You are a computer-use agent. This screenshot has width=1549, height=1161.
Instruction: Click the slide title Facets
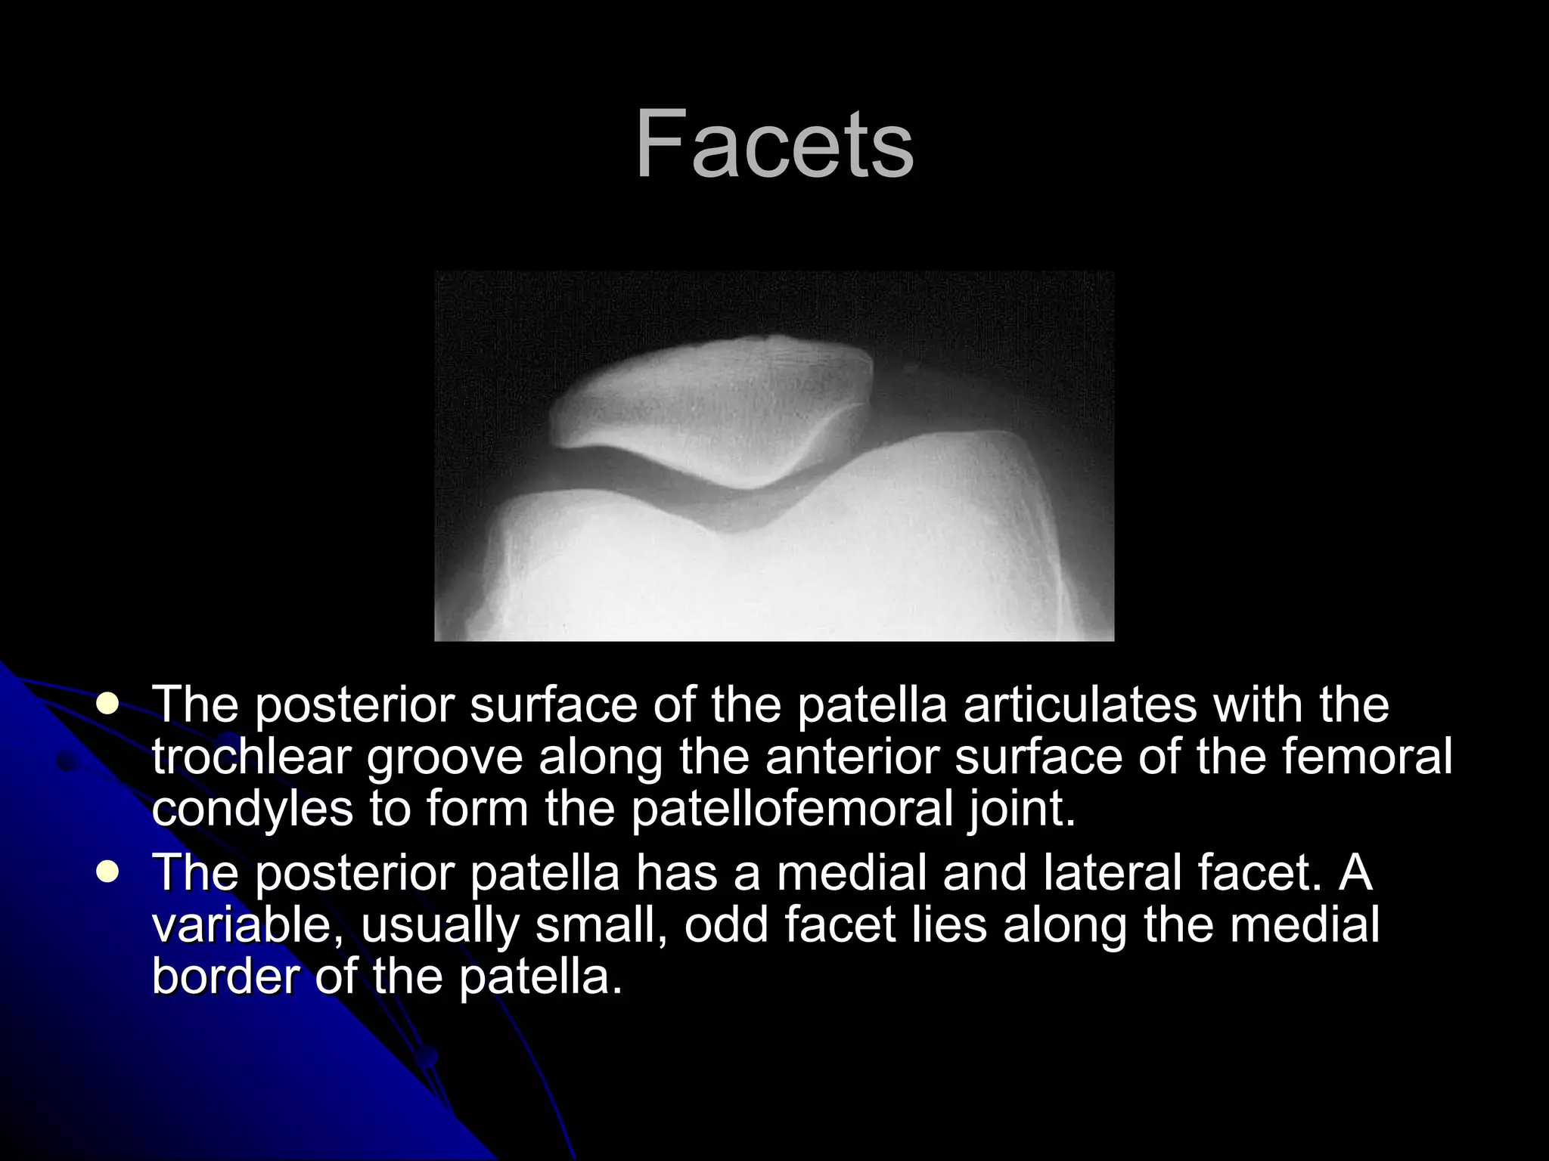pyautogui.click(x=774, y=144)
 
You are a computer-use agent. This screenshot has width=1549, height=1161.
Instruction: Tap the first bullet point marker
pyautogui.click(x=108, y=704)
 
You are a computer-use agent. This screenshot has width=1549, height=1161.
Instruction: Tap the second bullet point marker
pyautogui.click(x=108, y=873)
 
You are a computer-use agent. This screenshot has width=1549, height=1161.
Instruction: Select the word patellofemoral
pyautogui.click(x=792, y=808)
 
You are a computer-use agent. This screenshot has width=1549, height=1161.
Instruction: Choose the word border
pyautogui.click(x=226, y=976)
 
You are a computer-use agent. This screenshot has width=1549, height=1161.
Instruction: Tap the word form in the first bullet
pyautogui.click(x=477, y=808)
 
